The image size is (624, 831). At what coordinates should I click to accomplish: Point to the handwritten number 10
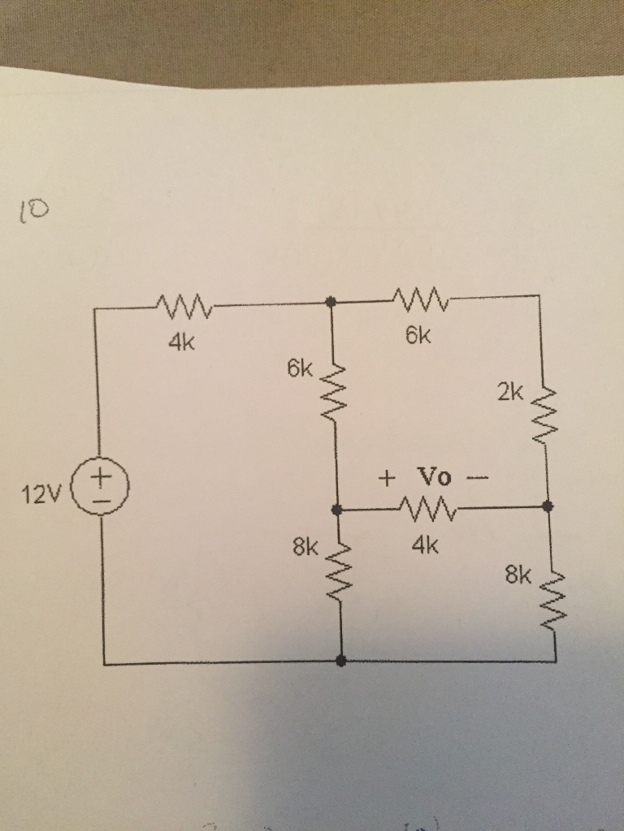[x=33, y=213]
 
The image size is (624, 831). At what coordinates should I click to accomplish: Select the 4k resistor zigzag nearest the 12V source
[x=183, y=307]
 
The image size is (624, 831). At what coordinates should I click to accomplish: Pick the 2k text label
[x=511, y=394]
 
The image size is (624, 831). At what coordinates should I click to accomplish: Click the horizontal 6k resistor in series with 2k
[x=418, y=300]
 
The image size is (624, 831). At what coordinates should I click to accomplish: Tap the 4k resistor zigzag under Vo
[x=427, y=510]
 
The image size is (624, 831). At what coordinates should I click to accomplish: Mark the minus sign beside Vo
[x=477, y=477]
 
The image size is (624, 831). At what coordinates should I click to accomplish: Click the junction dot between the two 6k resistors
[x=330, y=302]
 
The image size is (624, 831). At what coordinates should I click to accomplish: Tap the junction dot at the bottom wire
[x=340, y=661]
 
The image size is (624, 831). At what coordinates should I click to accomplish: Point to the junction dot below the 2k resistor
[x=548, y=506]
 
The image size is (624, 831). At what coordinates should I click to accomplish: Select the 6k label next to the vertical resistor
[x=299, y=370]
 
